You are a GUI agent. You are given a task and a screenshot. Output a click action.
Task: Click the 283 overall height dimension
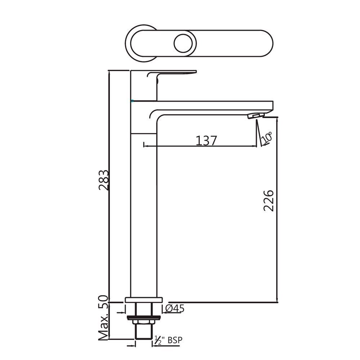tap(103, 180)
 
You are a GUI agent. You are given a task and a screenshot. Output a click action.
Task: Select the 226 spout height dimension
tap(269, 201)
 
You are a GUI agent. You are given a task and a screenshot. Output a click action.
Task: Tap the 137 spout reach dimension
tap(206, 140)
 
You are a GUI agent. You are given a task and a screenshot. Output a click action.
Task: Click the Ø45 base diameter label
tap(175, 309)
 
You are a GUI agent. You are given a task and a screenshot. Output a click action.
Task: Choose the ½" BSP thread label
tap(168, 340)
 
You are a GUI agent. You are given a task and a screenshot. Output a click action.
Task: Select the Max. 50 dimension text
tap(103, 318)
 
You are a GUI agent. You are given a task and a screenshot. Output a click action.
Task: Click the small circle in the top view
tap(183, 44)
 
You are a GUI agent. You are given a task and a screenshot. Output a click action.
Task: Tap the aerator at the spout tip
tap(256, 115)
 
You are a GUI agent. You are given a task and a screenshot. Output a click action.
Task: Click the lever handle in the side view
tap(172, 73)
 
